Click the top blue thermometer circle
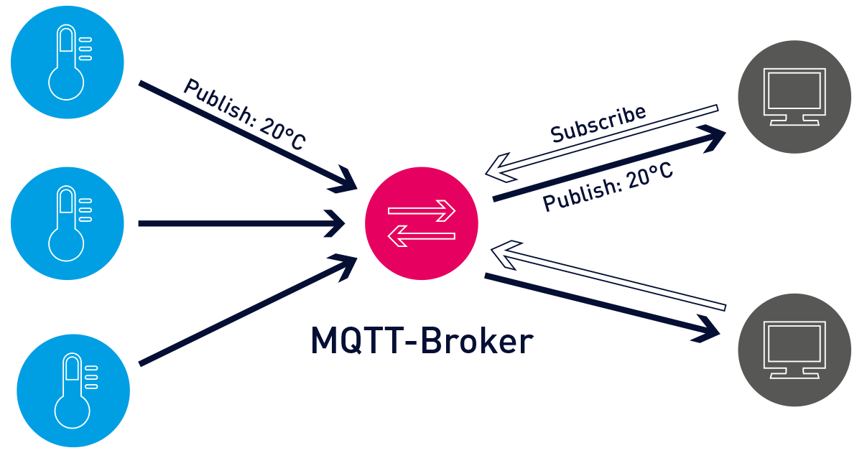pos(67,62)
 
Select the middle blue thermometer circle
pos(67,223)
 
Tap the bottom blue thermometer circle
pos(73,391)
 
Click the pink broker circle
pos(421,223)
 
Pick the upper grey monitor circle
pos(794,96)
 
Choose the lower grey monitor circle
pos(794,350)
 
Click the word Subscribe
pos(598,123)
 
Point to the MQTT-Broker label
pos(422,341)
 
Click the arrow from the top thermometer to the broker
pos(244,136)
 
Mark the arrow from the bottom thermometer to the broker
pos(244,312)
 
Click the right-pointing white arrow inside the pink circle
pos(422,211)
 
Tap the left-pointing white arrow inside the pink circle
pos(422,235)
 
